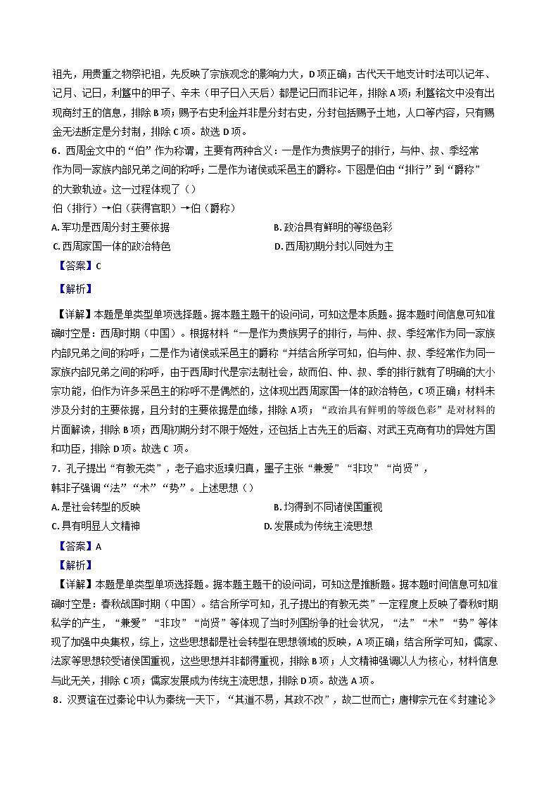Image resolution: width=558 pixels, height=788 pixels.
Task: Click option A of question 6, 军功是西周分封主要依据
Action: coord(111,227)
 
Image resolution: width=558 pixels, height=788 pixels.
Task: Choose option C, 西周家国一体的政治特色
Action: coord(111,246)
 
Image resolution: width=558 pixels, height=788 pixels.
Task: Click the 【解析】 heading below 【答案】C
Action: coord(73,288)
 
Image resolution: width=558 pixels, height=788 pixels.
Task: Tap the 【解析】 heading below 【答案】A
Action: coord(73,564)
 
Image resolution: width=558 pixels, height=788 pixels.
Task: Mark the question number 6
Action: coord(56,151)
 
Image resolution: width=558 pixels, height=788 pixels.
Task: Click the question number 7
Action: coord(55,468)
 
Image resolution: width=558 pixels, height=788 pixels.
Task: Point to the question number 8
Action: coord(56,699)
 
